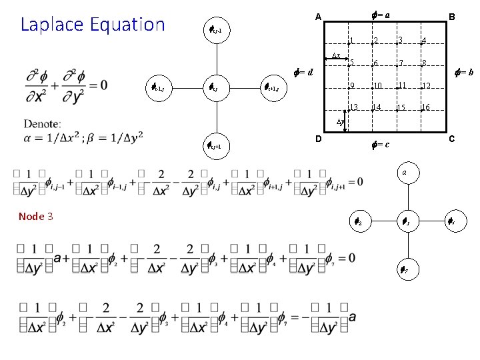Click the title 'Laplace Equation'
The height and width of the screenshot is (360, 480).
(93, 25)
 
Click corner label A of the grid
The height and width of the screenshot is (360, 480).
(319, 17)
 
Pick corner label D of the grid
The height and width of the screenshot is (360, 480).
(319, 139)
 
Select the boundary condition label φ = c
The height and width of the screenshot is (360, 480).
(379, 144)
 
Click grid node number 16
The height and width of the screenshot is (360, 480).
(425, 107)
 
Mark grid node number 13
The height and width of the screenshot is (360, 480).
(354, 107)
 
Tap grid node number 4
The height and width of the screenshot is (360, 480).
(423, 41)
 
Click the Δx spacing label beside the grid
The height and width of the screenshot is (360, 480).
(337, 56)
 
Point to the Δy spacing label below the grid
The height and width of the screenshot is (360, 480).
(339, 122)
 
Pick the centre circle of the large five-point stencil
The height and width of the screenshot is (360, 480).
(220, 87)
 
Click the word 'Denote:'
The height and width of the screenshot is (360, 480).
(43, 123)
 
